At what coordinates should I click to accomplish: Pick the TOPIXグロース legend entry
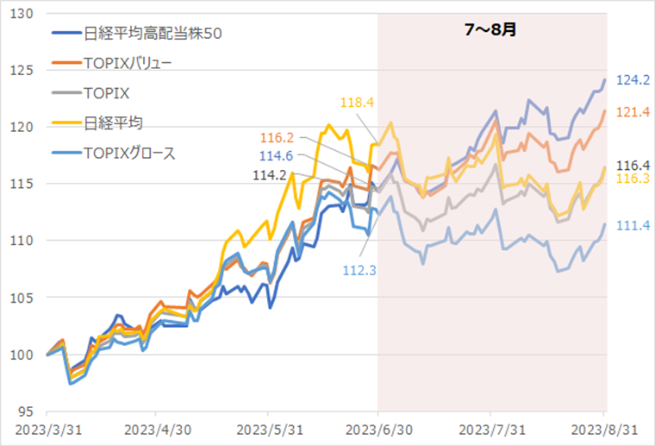[x=129, y=154]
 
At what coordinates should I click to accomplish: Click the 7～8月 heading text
[x=491, y=29]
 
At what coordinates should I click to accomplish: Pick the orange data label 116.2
[x=278, y=138]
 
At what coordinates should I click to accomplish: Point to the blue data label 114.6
[x=278, y=155]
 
